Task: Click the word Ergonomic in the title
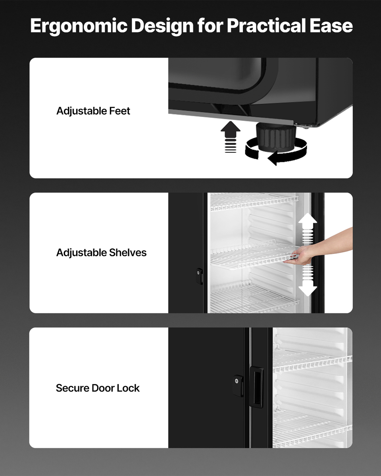[79, 26]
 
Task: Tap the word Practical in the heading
[266, 26]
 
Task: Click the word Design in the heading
[162, 26]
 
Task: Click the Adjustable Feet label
[93, 111]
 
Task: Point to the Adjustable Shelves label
[101, 253]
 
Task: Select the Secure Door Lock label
[98, 388]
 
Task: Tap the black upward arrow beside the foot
[231, 137]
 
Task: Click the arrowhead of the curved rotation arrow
[273, 158]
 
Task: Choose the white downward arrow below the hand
[308, 281]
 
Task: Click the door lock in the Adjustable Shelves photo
[199, 276]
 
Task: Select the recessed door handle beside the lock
[256, 388]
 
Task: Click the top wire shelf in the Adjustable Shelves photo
[254, 202]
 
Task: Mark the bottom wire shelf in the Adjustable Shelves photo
[254, 297]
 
